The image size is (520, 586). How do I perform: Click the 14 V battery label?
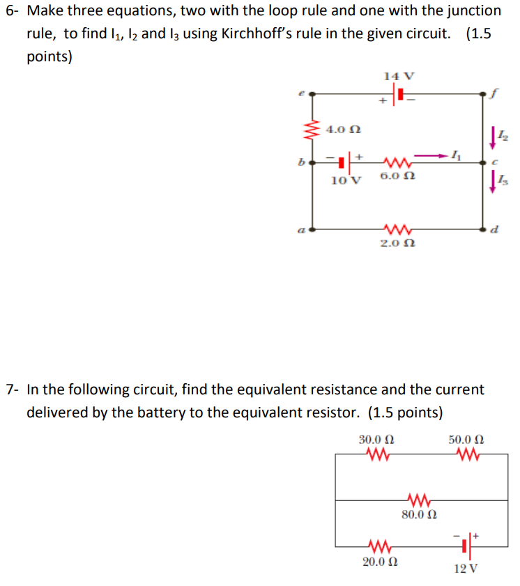pyautogui.click(x=399, y=75)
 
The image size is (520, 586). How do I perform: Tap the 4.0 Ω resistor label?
pyautogui.click(x=344, y=130)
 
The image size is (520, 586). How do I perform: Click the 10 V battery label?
pyautogui.click(x=346, y=180)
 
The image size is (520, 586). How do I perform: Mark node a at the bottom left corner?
pyautogui.click(x=312, y=228)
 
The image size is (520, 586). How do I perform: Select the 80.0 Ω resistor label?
pyautogui.click(x=420, y=515)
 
